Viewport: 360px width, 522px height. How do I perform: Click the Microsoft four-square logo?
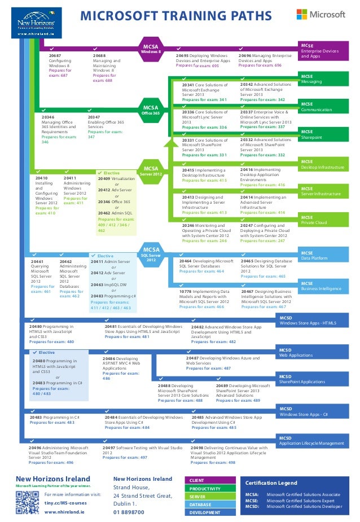[x=305, y=15]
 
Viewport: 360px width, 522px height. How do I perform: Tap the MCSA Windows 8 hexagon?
[x=151, y=49]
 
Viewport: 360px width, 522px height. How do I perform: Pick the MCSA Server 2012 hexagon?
[x=151, y=171]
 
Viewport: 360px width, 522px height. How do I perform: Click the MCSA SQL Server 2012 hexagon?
[x=151, y=253]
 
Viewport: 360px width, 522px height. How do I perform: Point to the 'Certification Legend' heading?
[x=271, y=483]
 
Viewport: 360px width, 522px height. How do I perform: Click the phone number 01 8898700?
[x=129, y=513]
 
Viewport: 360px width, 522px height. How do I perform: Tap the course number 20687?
[x=55, y=56]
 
